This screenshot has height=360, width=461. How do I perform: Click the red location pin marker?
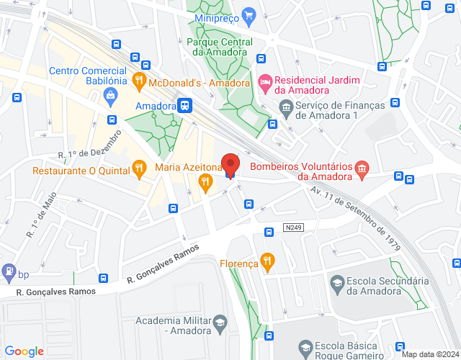pos(230,163)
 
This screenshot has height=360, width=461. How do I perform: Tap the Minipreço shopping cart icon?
pos(249,14)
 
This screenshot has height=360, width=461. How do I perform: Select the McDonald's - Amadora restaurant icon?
pos(140,80)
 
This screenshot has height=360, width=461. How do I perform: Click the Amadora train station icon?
pos(185,106)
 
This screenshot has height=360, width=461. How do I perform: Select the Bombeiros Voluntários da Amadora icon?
pos(362,169)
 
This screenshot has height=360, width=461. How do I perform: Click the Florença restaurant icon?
pos(267,261)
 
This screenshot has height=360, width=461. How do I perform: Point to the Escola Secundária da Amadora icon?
pos(336,282)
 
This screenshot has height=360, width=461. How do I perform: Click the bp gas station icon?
pos(9,272)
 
